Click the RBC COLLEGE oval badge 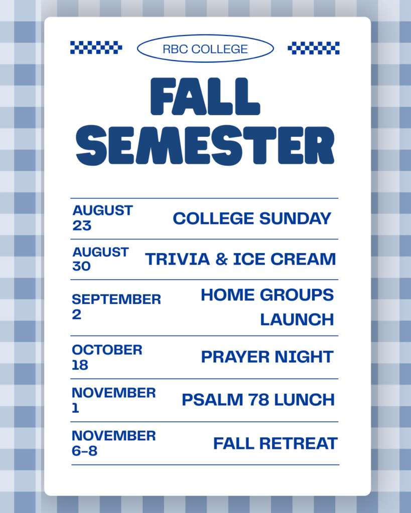pos(205,49)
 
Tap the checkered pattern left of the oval pos(96,48)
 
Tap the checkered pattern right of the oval pos(314,48)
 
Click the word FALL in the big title pos(205,97)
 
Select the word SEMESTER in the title pos(205,145)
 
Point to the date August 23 pos(102,218)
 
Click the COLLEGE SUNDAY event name pos(252,218)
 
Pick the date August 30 pos(100,259)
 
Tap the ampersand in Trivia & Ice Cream pos(222,259)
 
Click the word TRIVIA pos(177,259)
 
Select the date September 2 pos(116,307)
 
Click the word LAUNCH pos(297,319)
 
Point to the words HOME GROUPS pos(267,295)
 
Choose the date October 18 pos(107,357)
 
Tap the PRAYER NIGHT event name pos(267,357)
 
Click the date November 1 pos(113,400)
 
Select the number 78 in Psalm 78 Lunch pos(258,400)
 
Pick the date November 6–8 pos(113,443)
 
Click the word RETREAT pos(298,444)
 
